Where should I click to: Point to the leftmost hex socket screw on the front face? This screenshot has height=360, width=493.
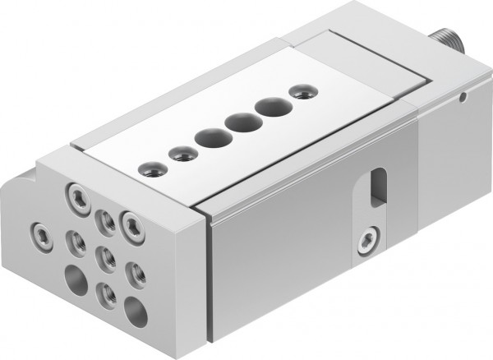pyautogui.click(x=39, y=227)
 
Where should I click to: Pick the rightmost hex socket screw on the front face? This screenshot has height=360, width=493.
pyautogui.click(x=129, y=221)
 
